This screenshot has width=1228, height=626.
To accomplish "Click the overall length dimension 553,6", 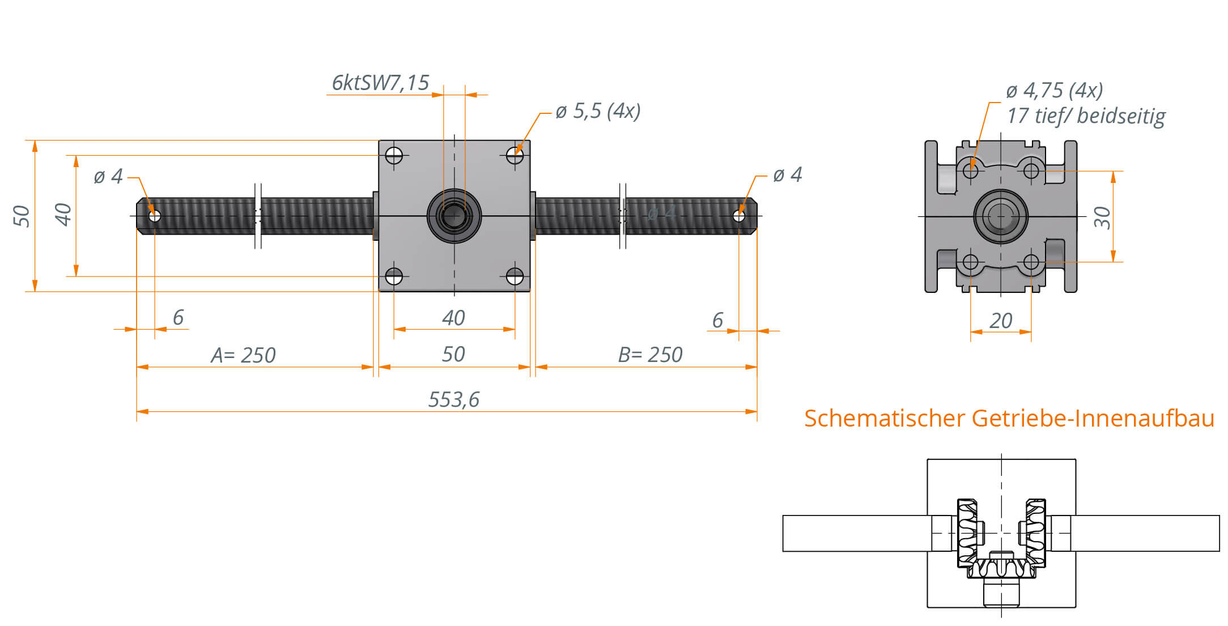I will tap(453, 399).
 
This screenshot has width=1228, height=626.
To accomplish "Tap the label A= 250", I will tap(243, 355).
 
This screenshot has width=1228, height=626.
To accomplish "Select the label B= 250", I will tap(650, 355).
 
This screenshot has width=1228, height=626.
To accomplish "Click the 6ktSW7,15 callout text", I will tap(380, 83).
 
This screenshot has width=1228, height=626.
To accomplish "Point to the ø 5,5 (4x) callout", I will tap(598, 110).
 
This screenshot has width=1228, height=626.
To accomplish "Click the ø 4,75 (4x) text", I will tap(1055, 90).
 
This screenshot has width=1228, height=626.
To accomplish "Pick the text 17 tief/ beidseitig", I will tap(1086, 116).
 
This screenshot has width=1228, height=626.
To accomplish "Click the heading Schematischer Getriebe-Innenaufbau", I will tap(1009, 418).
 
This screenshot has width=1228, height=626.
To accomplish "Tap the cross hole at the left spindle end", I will tap(155, 216).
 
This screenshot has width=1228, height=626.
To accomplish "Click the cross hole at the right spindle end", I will tap(739, 216).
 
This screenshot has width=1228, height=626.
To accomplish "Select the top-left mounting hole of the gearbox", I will tap(394, 155).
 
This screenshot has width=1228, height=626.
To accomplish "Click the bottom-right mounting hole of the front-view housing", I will tap(515, 276).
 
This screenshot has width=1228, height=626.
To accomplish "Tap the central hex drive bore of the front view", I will tap(454, 216).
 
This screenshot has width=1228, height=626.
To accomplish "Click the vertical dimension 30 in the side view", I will tap(1102, 217).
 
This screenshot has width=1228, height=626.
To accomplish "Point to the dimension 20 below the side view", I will tap(1001, 321).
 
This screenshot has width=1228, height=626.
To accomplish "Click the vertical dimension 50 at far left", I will tap(22, 216).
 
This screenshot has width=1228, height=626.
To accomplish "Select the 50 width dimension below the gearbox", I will tap(453, 355).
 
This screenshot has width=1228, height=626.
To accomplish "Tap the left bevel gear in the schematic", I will tap(968, 533).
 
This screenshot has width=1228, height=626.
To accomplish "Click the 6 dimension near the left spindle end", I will tap(178, 317).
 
